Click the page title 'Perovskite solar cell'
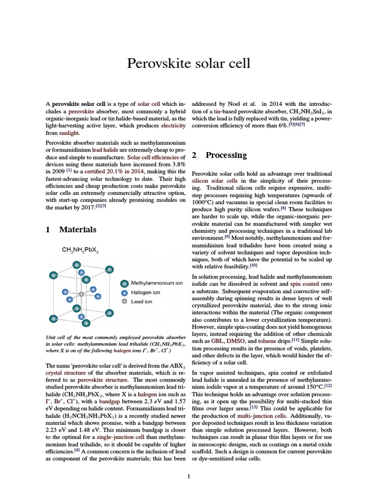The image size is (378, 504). point(189,63)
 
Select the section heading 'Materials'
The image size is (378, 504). point(77,229)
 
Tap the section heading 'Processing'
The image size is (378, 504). point(226,155)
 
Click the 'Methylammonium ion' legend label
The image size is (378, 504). point(157,283)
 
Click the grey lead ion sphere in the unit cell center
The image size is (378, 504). point(81,294)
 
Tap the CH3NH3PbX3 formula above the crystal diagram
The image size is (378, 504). point(80,251)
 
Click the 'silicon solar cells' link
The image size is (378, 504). point(215,181)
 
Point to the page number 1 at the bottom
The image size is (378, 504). point(189,476)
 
